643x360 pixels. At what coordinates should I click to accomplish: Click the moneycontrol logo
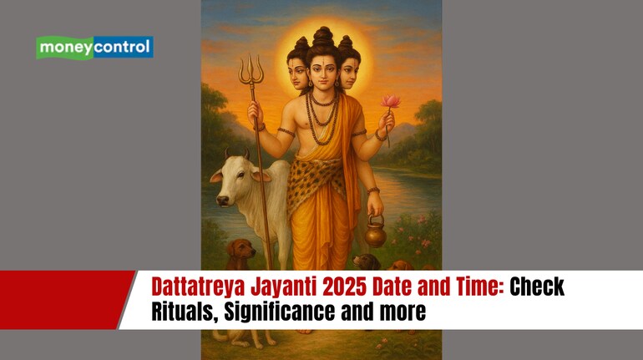94,48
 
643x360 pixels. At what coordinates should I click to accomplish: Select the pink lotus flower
390,101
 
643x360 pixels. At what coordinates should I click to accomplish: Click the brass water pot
376,231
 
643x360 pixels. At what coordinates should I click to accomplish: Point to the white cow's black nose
223,200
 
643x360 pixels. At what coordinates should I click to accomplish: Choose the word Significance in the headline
279,312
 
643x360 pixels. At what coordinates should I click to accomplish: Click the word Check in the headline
537,286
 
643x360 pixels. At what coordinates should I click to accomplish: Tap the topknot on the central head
322,36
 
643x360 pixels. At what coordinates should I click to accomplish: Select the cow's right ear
261,175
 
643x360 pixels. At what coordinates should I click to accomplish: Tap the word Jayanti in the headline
284,287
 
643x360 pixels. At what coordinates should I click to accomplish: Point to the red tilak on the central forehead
322,63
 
